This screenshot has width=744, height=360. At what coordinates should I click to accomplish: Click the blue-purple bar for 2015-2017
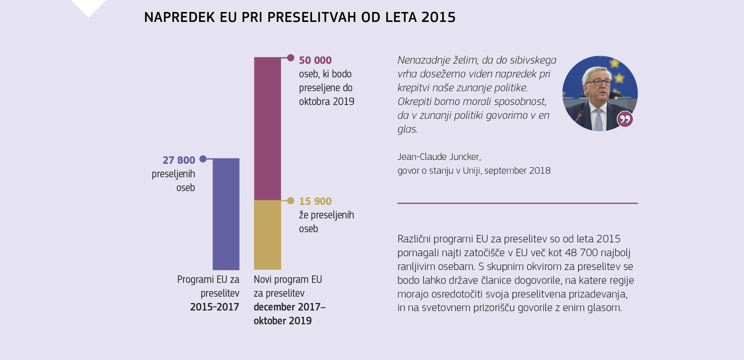point(226,214)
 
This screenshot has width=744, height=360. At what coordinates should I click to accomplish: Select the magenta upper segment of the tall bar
point(267,128)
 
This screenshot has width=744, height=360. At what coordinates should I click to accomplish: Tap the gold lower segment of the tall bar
point(267,235)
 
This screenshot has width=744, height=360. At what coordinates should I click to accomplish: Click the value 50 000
point(315,60)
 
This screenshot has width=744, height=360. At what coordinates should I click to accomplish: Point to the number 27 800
point(179,160)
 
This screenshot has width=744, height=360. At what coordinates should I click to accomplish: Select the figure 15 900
point(315,201)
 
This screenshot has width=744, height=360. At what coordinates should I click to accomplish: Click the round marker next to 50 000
point(290,58)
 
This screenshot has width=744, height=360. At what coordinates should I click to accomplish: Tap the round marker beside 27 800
point(203,159)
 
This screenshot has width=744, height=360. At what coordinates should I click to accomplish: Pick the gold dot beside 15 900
point(290,201)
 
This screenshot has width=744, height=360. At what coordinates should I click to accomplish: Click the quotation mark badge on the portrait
point(625,119)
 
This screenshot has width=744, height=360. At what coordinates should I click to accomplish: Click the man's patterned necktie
point(598,120)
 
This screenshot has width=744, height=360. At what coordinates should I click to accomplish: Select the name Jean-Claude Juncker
point(439,157)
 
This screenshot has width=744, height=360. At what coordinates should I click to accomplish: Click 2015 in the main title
point(438,17)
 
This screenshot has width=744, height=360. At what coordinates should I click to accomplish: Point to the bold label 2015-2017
point(214,307)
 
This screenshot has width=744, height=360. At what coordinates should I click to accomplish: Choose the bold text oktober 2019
point(283,321)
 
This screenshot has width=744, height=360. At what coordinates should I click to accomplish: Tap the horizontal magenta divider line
point(517,203)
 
